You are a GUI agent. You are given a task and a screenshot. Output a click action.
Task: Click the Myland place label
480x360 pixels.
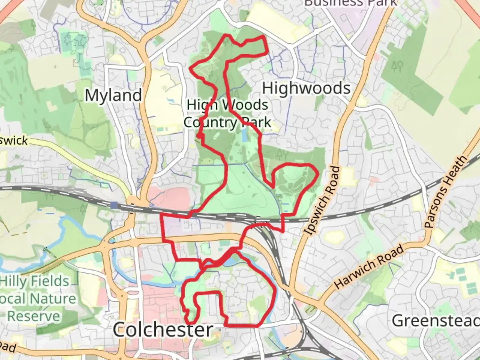click(x=113, y=95)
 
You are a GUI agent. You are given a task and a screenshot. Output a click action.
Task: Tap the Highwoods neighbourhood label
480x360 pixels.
click(x=306, y=88)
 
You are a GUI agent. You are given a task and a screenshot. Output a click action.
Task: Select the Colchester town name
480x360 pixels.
click(x=163, y=330)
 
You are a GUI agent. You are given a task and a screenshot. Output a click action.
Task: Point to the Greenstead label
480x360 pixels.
click(x=435, y=321)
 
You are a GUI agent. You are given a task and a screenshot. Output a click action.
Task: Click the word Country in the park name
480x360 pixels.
click(x=210, y=122)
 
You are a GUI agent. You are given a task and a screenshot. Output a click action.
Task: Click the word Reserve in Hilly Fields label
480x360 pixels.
click(x=34, y=316)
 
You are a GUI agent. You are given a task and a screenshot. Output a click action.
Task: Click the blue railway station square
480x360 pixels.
click(x=114, y=205)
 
